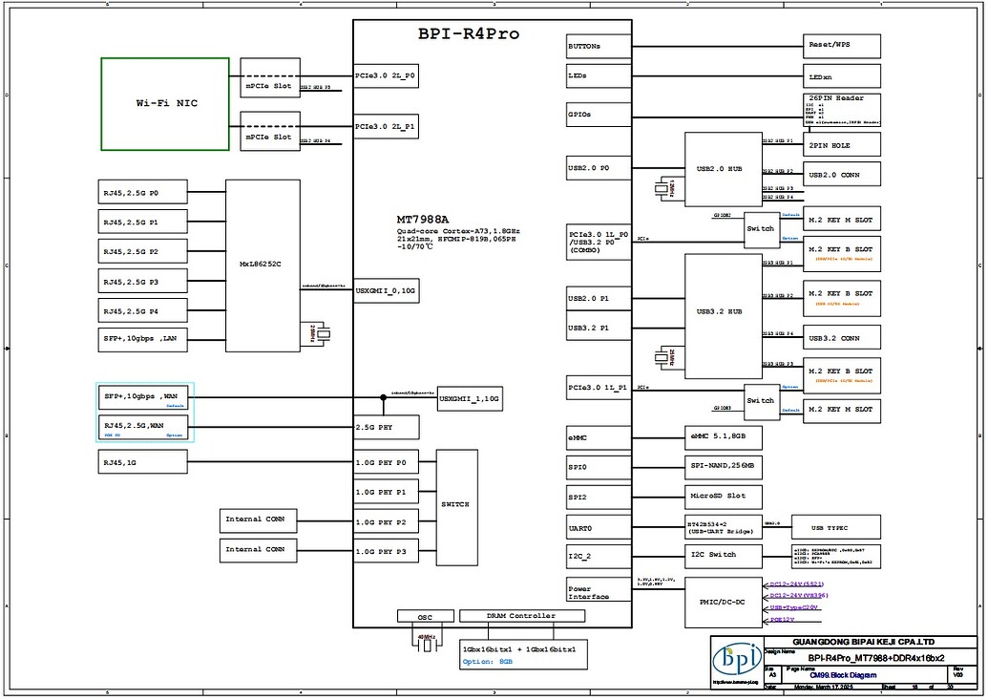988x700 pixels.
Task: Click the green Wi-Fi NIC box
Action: click(x=165, y=103)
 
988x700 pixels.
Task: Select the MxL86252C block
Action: click(x=263, y=265)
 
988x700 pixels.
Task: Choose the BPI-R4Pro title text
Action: click(x=469, y=34)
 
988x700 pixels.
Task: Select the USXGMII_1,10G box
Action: click(x=470, y=397)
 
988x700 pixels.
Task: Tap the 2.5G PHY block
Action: click(x=387, y=428)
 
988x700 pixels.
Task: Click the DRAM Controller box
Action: click(x=520, y=617)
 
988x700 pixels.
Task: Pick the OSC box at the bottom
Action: click(x=423, y=617)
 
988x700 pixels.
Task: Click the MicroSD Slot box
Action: click(x=725, y=497)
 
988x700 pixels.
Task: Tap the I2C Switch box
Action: click(x=725, y=556)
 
